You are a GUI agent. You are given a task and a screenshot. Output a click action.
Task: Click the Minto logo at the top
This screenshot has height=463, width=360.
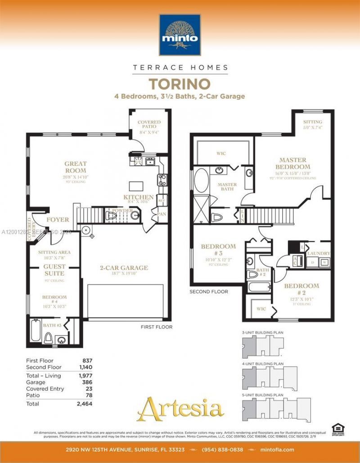pyautogui.click(x=180, y=35)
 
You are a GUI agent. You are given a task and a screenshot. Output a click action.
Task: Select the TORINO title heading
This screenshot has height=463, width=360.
pyautogui.click(x=180, y=84)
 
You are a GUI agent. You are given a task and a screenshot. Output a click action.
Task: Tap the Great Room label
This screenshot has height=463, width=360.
pyautogui.click(x=75, y=167)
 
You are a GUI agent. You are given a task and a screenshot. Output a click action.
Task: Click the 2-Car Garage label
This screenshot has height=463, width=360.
pyautogui.click(x=124, y=268)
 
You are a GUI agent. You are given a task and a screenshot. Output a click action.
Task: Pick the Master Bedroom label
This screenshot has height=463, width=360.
pyautogui.click(x=292, y=163)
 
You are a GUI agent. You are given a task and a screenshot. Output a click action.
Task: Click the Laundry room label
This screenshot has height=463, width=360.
pyautogui.click(x=319, y=254)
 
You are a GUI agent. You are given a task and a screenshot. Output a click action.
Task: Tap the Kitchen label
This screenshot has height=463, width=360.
pyautogui.click(x=139, y=197)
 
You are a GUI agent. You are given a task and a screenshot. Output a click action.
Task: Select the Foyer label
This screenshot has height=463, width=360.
pyautogui.click(x=58, y=220)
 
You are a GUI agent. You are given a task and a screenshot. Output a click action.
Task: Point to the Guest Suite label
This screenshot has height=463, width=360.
pyautogui.click(x=54, y=270)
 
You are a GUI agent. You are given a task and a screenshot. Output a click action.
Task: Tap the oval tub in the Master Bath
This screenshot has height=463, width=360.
pyautogui.click(x=200, y=178)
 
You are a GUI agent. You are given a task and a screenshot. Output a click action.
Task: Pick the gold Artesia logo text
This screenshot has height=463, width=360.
pyautogui.click(x=180, y=409)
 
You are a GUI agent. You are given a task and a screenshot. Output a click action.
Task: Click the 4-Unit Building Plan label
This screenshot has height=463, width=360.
pyautogui.click(x=263, y=363)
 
